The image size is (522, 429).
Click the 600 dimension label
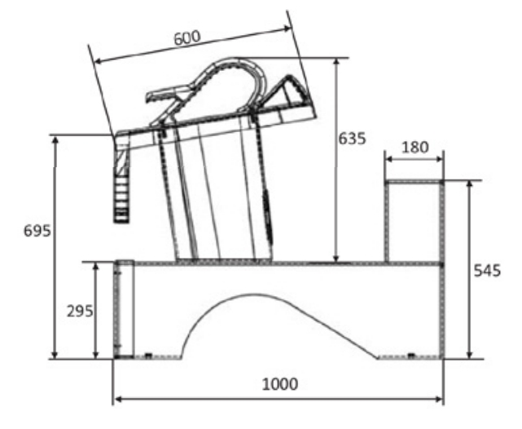tap(187, 38)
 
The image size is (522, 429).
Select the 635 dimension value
tap(352, 139)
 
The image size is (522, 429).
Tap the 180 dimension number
tap(415, 148)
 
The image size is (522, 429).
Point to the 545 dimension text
tap(487, 270)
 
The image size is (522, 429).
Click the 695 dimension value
tap(37, 231)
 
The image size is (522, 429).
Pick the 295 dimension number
tap(80, 312)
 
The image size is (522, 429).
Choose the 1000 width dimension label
tap(280, 384)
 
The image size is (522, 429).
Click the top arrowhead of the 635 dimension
tap(336, 62)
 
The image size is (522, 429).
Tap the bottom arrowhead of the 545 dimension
tap(470, 355)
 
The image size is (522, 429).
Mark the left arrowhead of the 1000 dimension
tap(118, 399)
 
